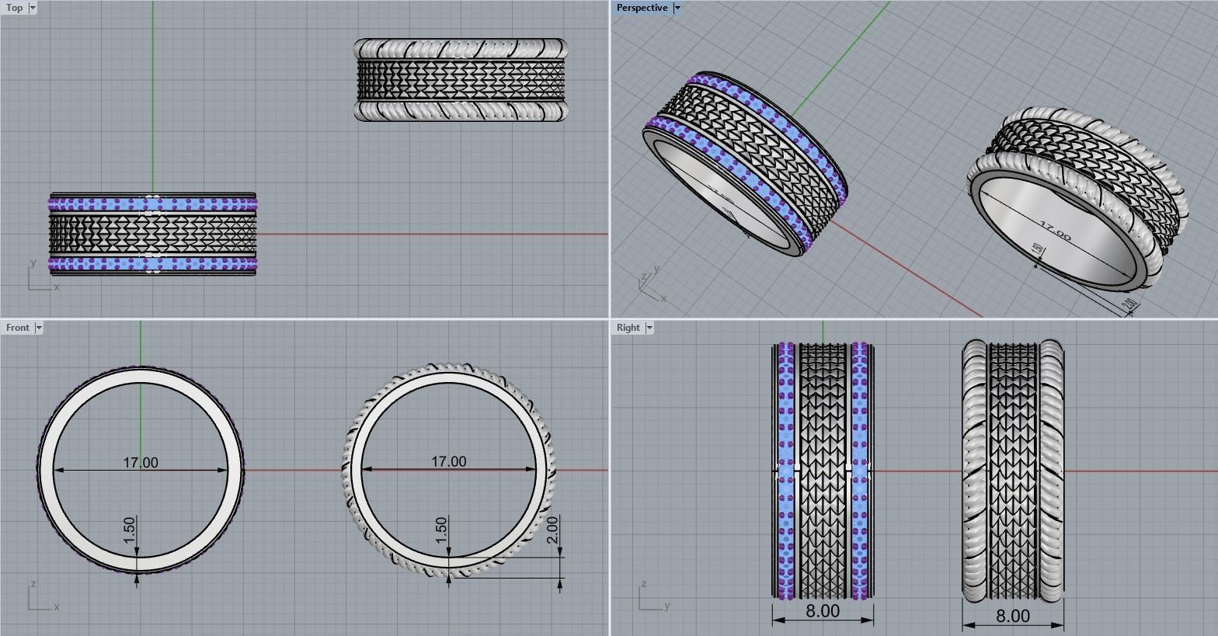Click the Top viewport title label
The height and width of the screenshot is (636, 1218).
tap(14, 8)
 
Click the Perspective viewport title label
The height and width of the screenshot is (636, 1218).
tap(642, 8)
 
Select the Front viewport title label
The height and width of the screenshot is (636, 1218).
tap(17, 328)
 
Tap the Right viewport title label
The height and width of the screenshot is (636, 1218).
tap(628, 328)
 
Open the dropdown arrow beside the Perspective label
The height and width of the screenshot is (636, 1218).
tap(677, 8)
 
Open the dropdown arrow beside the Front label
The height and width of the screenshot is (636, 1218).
tap(39, 328)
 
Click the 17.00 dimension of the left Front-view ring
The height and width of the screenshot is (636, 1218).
tap(141, 463)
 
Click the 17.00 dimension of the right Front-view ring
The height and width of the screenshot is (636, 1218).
tap(449, 462)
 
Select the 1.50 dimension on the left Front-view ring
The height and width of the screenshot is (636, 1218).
tap(130, 530)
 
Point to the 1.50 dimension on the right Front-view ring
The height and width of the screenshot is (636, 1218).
tap(441, 530)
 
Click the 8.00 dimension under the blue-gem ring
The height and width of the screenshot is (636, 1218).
tap(823, 611)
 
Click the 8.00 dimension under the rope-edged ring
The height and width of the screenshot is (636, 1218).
tap(1013, 617)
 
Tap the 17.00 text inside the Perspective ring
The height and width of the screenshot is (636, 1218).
tap(1055, 231)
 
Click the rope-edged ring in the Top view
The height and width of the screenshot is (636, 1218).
tap(461, 80)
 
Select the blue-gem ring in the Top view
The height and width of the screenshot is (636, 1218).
tap(152, 233)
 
